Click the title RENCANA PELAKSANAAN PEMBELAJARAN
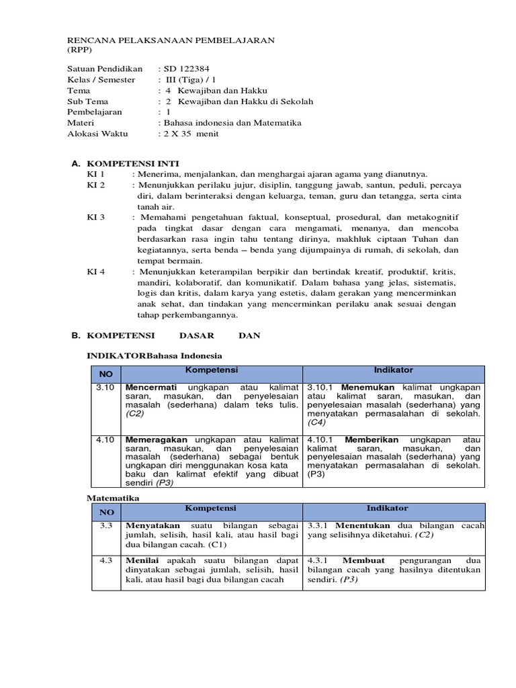[x=171, y=40]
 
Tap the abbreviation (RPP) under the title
[x=80, y=50]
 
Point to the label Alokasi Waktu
[x=97, y=134]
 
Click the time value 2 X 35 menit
[x=190, y=134]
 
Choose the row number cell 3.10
[x=105, y=388]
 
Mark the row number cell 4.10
[x=105, y=439]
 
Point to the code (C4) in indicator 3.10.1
[x=316, y=423]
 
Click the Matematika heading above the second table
[x=114, y=498]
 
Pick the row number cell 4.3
[x=105, y=560]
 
